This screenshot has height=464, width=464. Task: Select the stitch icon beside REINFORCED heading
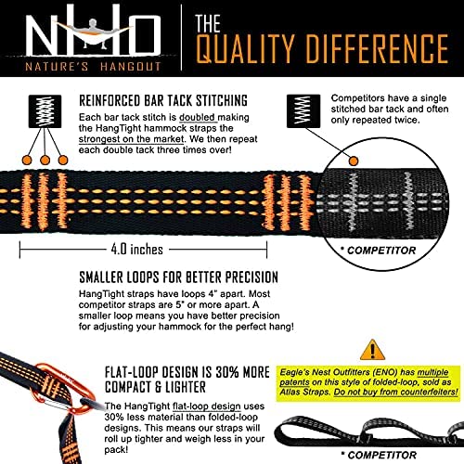[46, 112]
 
